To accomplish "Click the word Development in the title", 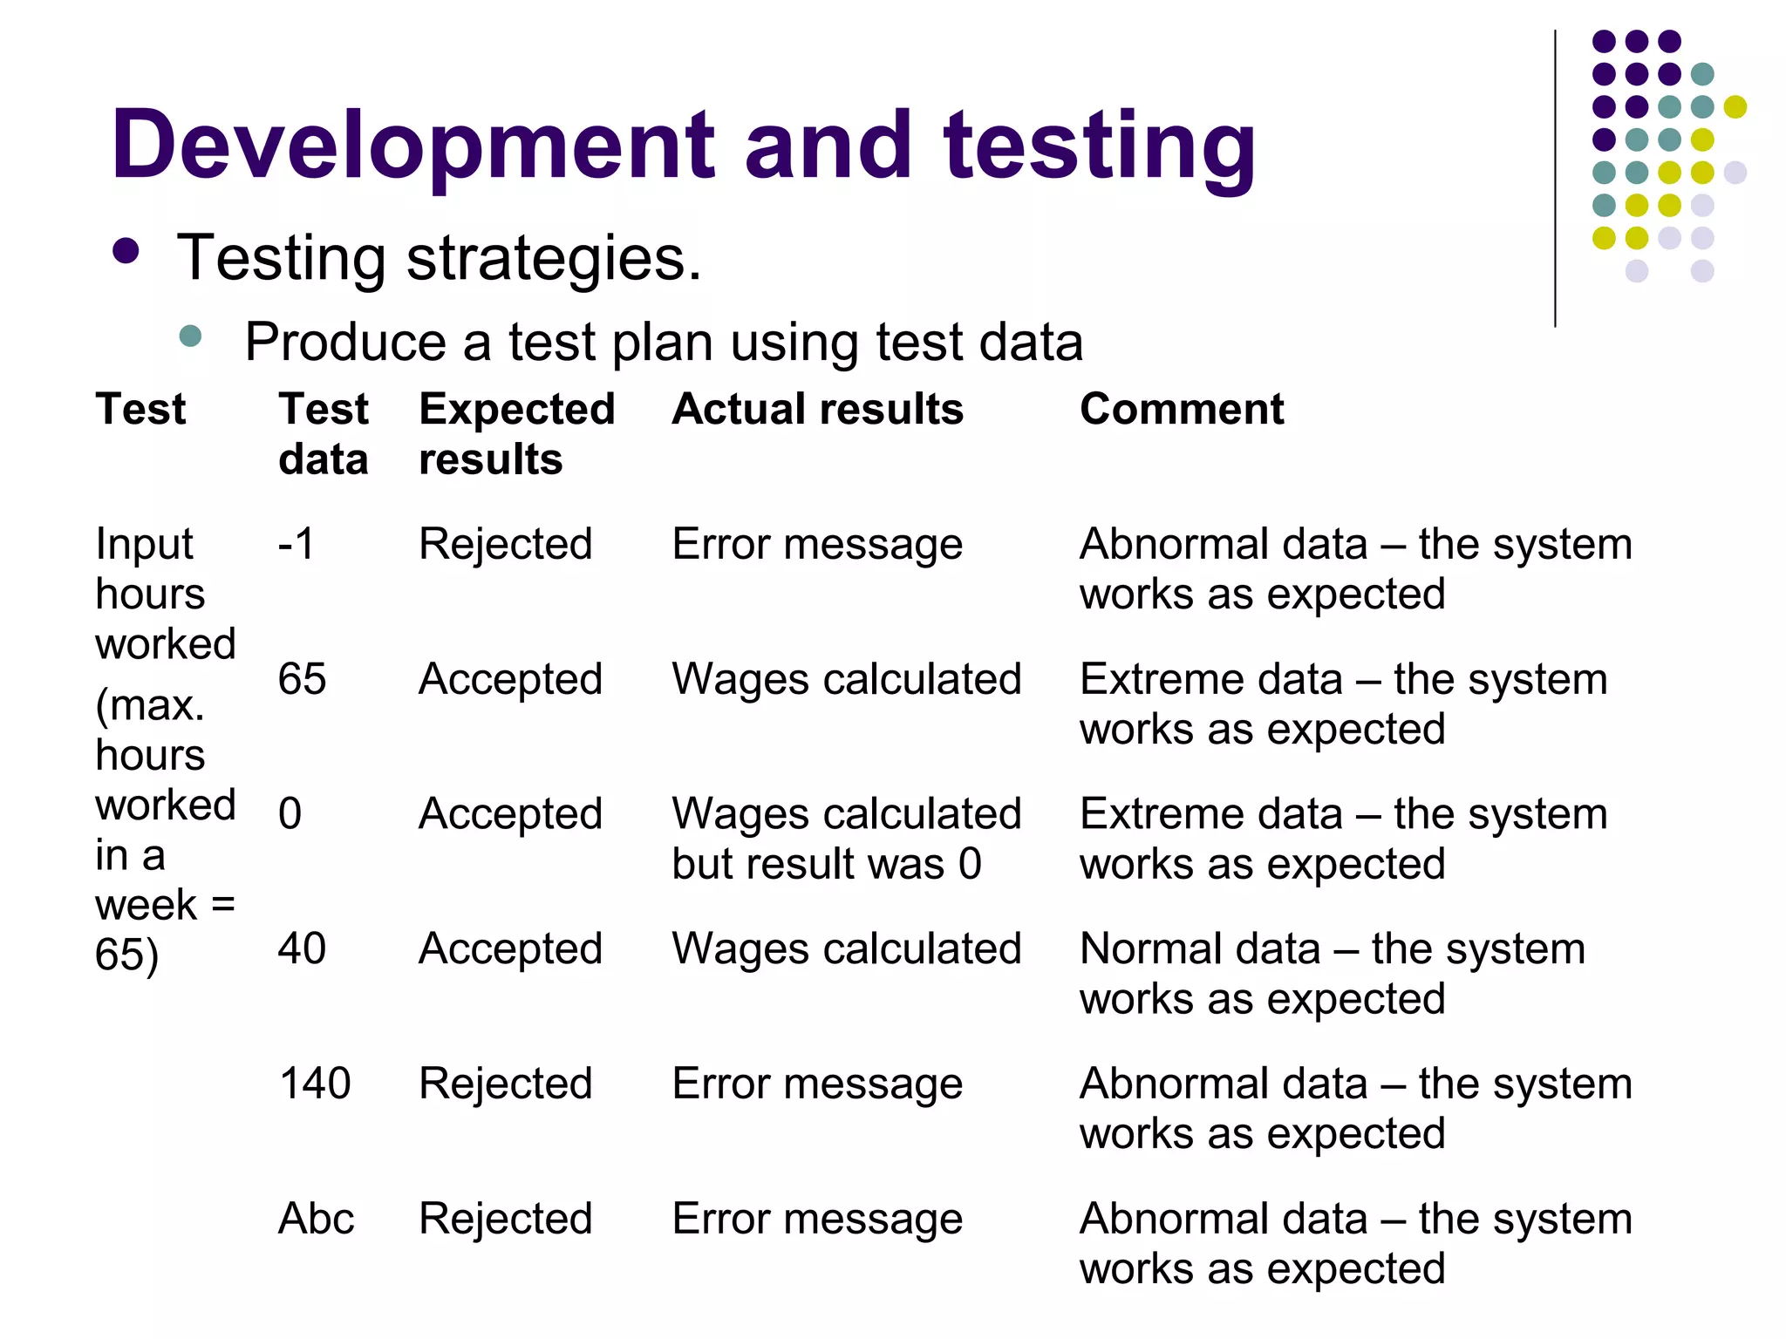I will click(412, 146).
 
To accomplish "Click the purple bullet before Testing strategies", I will click(126, 252).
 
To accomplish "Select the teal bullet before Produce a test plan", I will click(190, 336).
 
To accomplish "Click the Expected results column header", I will click(517, 433).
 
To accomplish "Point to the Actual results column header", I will click(817, 409).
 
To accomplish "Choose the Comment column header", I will click(1182, 409).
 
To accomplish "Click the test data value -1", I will click(297, 544).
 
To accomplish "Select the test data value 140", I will click(315, 1084).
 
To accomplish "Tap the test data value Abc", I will click(317, 1219).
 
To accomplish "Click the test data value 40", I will click(302, 948).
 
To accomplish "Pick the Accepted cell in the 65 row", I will click(511, 679).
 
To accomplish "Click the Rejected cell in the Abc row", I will click(506, 1219).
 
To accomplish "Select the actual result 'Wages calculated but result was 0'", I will click(846, 839).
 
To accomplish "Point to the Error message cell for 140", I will click(817, 1084).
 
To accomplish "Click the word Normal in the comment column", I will click(1156, 948).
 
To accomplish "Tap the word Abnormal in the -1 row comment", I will click(1224, 544).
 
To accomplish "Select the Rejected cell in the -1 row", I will click(506, 544).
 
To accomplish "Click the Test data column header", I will click(324, 433).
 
